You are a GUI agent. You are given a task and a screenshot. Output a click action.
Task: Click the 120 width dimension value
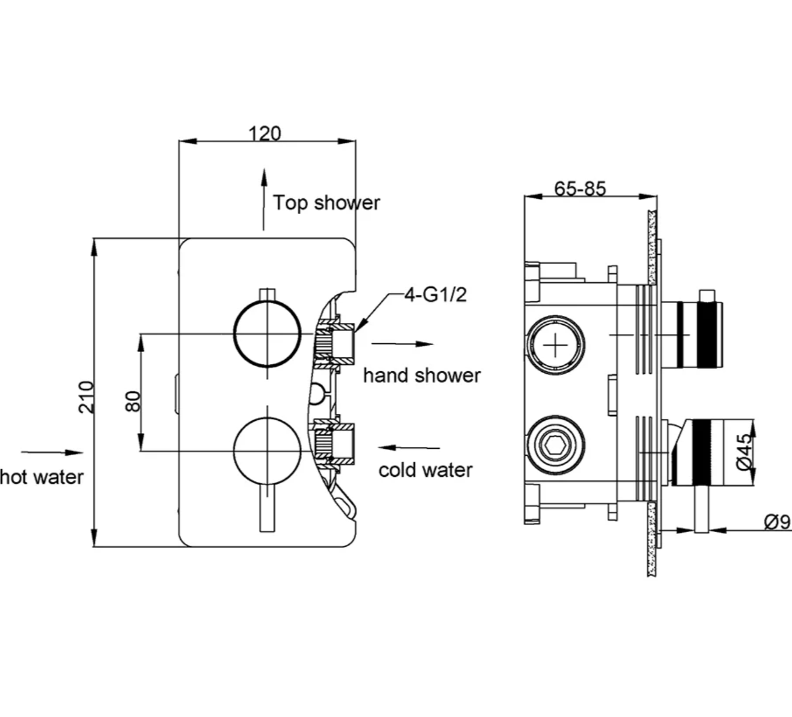(x=265, y=133)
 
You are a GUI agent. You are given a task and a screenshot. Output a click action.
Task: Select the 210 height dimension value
(x=86, y=397)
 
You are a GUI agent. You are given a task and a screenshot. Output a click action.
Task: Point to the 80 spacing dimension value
(x=134, y=401)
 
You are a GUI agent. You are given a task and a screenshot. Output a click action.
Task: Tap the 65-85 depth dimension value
(x=580, y=188)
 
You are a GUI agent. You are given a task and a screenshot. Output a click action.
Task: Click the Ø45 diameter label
(x=744, y=452)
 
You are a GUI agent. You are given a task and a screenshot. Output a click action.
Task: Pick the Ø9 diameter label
(x=776, y=522)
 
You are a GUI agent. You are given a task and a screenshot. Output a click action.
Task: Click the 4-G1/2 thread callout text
(x=436, y=295)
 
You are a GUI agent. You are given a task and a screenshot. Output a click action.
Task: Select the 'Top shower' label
(x=327, y=203)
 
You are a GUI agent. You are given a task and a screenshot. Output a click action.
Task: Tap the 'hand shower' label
(x=422, y=375)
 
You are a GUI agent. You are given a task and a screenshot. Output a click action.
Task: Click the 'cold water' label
(x=425, y=470)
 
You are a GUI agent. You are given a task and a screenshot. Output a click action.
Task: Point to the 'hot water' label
(x=42, y=477)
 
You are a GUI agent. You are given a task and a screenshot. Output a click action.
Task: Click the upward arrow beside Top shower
(x=264, y=198)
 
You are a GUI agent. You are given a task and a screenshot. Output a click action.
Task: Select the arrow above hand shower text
(x=402, y=344)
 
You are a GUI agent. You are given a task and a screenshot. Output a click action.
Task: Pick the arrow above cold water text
(x=409, y=448)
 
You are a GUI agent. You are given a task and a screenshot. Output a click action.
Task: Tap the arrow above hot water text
(x=52, y=452)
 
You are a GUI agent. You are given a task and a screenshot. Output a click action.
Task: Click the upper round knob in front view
(x=267, y=334)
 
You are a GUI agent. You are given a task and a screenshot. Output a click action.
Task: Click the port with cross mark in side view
(x=555, y=346)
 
